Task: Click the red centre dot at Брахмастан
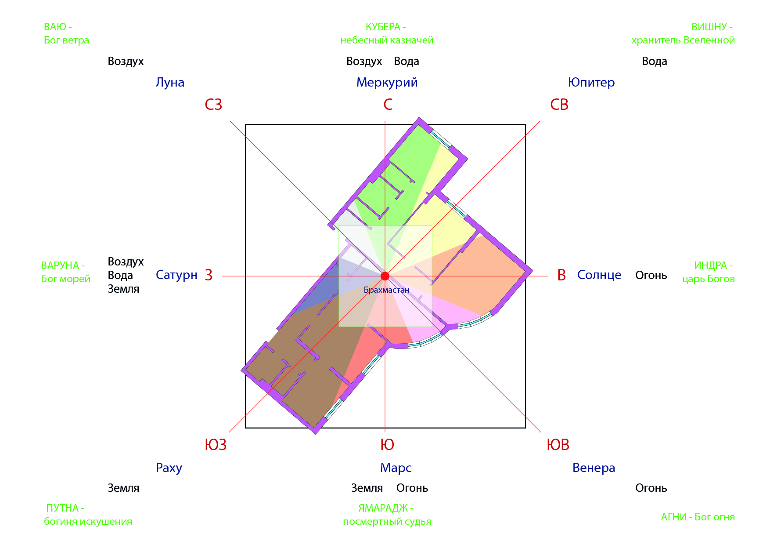(x=385, y=276)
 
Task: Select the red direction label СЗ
(x=213, y=105)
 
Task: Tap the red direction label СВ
(x=559, y=105)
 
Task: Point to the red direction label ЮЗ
(x=216, y=445)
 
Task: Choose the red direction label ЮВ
(x=558, y=445)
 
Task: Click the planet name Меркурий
(x=387, y=83)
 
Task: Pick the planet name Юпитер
(x=591, y=83)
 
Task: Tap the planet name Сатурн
(x=176, y=275)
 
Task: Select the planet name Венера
(x=594, y=468)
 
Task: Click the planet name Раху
(x=169, y=468)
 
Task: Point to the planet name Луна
(x=170, y=83)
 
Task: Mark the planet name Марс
(x=396, y=468)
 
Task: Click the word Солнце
(x=599, y=275)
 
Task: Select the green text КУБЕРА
(x=383, y=27)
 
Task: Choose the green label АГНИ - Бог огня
(x=698, y=517)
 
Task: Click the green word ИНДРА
(x=710, y=265)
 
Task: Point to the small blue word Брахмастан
(x=387, y=290)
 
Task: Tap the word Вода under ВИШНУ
(x=655, y=62)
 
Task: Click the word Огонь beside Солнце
(x=651, y=276)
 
